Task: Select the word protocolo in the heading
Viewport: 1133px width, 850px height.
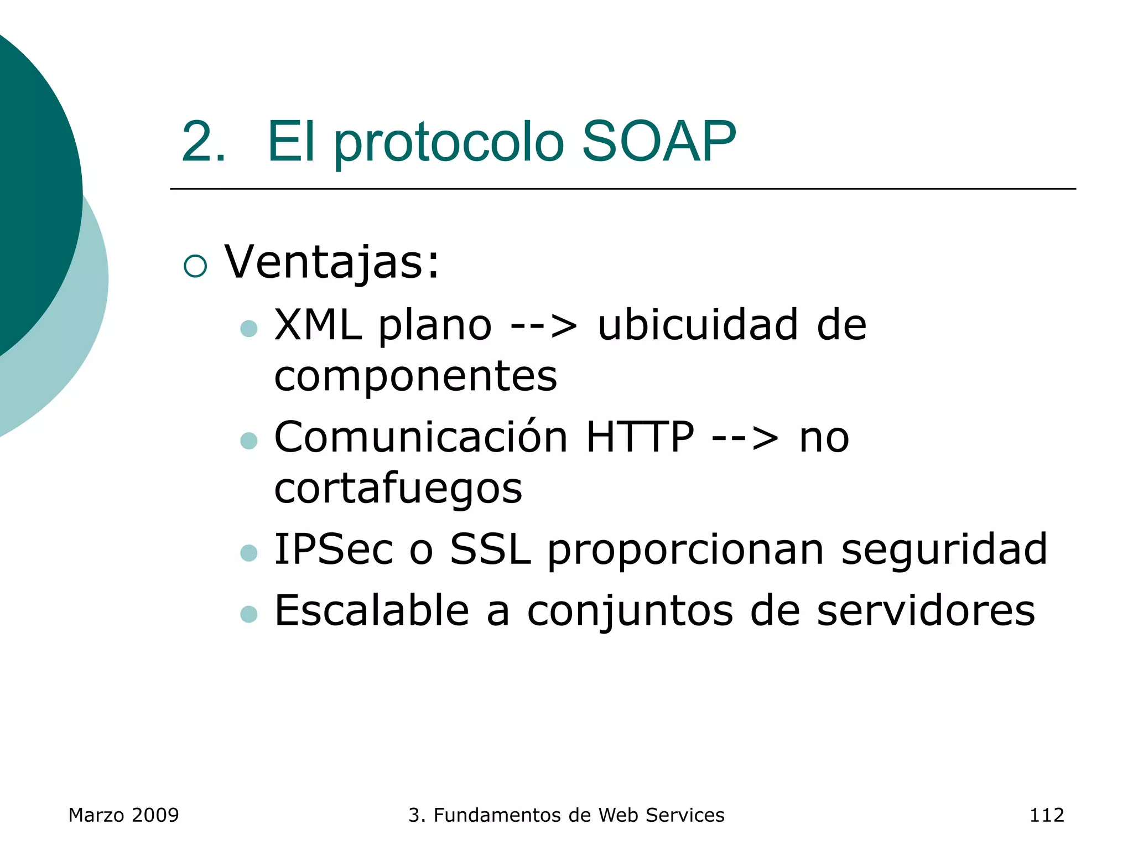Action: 448,144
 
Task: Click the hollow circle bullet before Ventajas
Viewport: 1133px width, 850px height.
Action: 195,266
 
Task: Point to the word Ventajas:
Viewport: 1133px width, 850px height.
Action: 332,262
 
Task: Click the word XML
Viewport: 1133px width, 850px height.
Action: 318,325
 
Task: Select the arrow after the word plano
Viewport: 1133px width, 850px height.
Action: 544,326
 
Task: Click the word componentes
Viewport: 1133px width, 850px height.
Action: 415,377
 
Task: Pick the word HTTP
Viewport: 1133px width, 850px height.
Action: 640,437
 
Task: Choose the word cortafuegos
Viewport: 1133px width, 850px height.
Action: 398,489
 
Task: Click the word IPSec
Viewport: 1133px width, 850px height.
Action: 334,550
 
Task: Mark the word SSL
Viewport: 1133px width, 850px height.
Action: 490,550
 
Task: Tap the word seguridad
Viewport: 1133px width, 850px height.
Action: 944,551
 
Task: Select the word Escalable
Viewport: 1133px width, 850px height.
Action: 372,611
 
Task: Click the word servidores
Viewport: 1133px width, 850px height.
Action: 926,611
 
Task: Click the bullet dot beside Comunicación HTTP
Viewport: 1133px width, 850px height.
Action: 249,441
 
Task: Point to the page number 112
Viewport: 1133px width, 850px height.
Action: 1046,815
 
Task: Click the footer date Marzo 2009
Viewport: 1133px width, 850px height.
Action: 123,815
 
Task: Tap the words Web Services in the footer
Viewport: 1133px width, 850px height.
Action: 661,815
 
